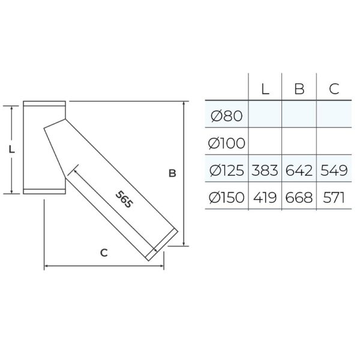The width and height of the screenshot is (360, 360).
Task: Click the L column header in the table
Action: [x=265, y=89]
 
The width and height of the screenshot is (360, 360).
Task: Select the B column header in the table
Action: [x=299, y=89]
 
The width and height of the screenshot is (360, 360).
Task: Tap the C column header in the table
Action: [x=334, y=89]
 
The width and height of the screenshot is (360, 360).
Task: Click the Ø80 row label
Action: [x=226, y=116]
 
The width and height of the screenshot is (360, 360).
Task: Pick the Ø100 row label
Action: [x=226, y=143]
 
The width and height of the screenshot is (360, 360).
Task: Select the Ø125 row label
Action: [x=226, y=170]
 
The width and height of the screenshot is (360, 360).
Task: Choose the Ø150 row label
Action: [x=226, y=197]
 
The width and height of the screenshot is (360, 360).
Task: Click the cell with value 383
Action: [x=265, y=170]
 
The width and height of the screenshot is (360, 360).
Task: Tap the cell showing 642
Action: [x=299, y=170]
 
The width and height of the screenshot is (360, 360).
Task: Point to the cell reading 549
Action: [x=334, y=170]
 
